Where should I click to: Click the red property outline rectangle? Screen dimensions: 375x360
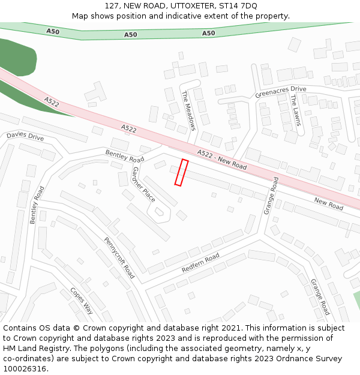pos(181,172)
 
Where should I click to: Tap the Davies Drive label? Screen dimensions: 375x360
pos(25,137)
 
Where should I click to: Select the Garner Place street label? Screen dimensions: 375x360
pos(143,184)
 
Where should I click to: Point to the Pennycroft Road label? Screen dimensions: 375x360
pos(119,257)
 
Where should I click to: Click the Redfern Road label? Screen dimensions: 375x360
pos(200,263)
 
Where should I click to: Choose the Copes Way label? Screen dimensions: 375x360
pos(82,301)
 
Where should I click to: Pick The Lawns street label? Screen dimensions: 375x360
pos(296,110)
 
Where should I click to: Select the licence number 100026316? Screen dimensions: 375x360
pos(25,369)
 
